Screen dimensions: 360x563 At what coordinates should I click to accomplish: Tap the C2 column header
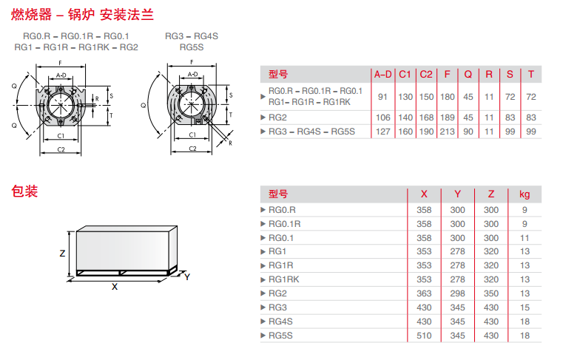426,74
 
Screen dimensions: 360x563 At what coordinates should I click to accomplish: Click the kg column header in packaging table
525,194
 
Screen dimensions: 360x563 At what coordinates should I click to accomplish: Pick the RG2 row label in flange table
277,118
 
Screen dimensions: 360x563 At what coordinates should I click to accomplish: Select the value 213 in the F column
447,132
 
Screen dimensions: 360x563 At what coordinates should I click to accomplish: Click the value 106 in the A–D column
382,118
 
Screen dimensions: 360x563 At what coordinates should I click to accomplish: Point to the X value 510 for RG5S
424,336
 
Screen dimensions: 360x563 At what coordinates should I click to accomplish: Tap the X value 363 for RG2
424,293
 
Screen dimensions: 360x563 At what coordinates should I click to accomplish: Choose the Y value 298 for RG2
458,293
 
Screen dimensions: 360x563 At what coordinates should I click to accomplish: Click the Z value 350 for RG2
491,293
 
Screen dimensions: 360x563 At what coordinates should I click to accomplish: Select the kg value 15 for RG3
525,308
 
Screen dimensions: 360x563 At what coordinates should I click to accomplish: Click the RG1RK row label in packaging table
283,279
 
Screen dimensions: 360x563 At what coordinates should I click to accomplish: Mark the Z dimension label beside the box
62,252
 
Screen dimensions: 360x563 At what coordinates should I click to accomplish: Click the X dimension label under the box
115,286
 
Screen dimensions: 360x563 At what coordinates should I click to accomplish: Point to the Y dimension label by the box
187,276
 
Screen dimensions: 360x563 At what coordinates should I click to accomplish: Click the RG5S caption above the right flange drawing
192,47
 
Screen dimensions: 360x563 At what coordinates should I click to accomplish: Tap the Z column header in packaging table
491,194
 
